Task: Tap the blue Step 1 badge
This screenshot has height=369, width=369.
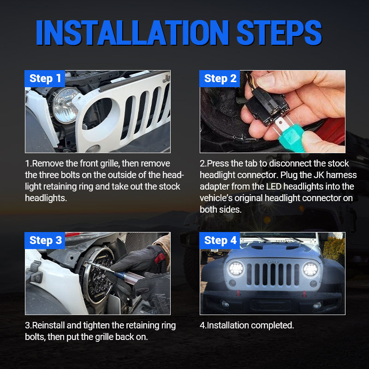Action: (45, 78)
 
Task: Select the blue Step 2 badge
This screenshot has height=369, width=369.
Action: (220, 78)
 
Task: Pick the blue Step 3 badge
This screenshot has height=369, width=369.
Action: (45, 240)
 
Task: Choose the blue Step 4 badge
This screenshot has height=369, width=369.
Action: (220, 240)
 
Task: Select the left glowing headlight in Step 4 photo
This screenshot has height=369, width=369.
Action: (236, 268)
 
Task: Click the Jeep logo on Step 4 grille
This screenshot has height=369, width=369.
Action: (273, 261)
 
